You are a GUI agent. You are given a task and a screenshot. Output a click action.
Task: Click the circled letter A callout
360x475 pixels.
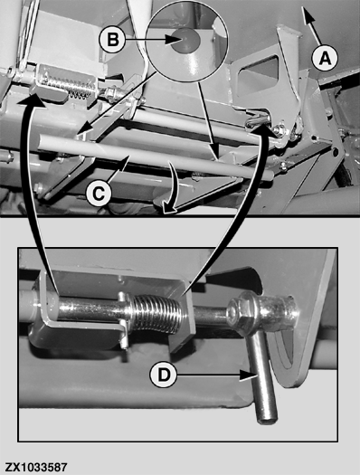click(x=325, y=58)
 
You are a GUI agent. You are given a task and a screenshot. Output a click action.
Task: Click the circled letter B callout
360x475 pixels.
click(x=113, y=40)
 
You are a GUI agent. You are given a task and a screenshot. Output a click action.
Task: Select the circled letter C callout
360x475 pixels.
click(x=99, y=194)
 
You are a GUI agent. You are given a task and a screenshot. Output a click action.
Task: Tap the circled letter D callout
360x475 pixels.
click(x=164, y=375)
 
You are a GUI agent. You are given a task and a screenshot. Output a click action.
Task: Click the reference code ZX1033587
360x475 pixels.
click(x=35, y=467)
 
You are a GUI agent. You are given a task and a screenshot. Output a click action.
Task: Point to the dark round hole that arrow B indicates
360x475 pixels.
click(x=185, y=40)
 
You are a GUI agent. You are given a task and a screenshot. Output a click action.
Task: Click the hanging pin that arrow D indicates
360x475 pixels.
click(x=261, y=379)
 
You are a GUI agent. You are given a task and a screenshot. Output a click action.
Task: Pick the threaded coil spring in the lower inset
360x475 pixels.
click(x=157, y=314)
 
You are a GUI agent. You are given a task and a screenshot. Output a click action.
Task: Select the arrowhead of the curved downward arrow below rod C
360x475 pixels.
click(x=168, y=208)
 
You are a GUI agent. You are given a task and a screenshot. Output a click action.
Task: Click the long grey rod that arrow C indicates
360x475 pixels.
click(x=155, y=158)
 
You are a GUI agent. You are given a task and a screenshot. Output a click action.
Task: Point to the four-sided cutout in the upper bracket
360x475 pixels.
click(x=259, y=72)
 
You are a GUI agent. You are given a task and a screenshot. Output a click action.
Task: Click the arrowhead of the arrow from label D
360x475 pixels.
click(x=248, y=375)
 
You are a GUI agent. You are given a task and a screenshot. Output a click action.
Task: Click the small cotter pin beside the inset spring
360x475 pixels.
click(x=124, y=321)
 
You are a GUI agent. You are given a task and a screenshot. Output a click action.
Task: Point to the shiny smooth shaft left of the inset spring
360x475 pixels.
click(x=90, y=311)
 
